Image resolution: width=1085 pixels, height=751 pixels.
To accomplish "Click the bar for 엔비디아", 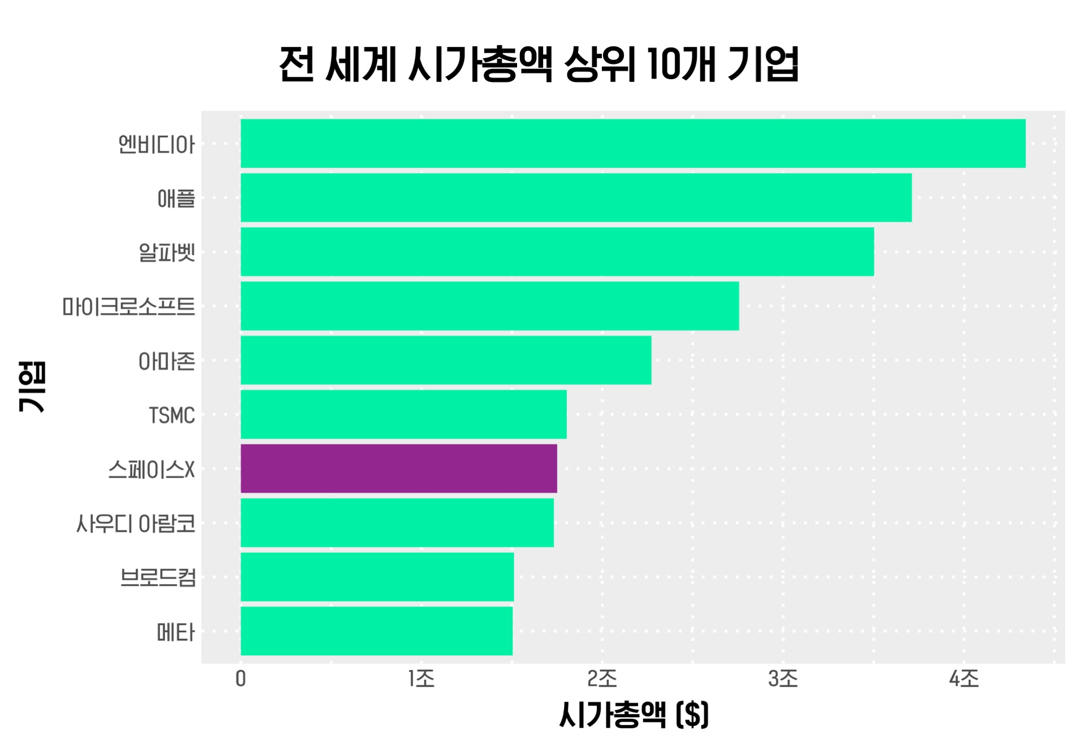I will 633,144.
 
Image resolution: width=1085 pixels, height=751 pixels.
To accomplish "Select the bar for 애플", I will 576,198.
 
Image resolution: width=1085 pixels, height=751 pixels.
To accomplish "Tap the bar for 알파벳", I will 557,252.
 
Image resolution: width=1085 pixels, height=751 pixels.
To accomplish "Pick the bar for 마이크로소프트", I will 489,306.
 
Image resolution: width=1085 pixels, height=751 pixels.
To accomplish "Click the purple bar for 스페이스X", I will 398,468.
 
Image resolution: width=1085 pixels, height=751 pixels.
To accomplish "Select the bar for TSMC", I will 403,414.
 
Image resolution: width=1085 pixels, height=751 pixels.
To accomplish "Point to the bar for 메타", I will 376,631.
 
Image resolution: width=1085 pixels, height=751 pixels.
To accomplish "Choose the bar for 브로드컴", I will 377,577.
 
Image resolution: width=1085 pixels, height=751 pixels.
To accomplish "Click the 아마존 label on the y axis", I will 167,361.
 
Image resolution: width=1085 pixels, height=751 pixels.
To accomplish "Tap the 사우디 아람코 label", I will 136,523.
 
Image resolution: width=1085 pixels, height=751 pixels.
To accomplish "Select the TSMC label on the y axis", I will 172,415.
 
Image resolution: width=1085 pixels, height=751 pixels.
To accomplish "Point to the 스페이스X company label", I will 151,469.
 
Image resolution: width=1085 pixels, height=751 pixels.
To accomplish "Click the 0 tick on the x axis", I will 241,679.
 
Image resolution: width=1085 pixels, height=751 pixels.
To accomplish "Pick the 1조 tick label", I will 422,679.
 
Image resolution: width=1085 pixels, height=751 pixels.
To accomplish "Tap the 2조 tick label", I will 602,679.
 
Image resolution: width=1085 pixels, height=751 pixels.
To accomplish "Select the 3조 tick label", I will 783,679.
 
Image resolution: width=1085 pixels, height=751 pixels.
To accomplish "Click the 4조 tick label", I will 964,679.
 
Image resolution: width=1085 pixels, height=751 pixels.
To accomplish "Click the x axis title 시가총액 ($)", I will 633,714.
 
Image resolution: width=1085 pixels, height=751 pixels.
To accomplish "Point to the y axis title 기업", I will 32,387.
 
